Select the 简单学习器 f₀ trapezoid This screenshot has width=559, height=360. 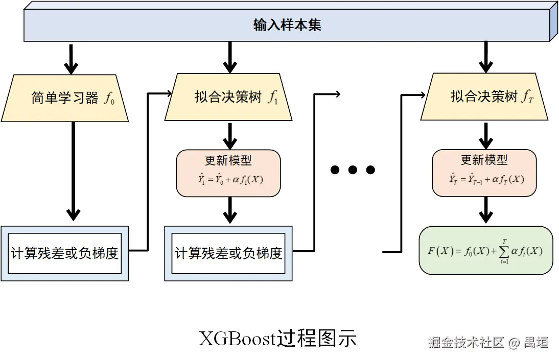65,98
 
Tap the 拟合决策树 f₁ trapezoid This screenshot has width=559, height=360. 228,98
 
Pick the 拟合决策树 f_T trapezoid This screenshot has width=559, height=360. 484,98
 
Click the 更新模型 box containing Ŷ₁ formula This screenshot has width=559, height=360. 228,173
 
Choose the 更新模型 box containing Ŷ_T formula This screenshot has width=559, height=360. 484,173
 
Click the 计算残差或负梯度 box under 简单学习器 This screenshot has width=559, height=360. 65,253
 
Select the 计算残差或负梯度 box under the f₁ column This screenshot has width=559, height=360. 228,253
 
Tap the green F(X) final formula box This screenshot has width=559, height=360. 485,251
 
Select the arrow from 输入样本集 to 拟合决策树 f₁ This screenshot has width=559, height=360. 230,57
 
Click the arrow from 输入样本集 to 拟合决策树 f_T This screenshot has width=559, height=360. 485,57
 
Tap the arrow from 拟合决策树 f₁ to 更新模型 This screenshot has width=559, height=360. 230,135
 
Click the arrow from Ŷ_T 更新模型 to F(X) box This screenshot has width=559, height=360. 485,210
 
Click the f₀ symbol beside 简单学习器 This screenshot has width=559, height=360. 109,99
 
